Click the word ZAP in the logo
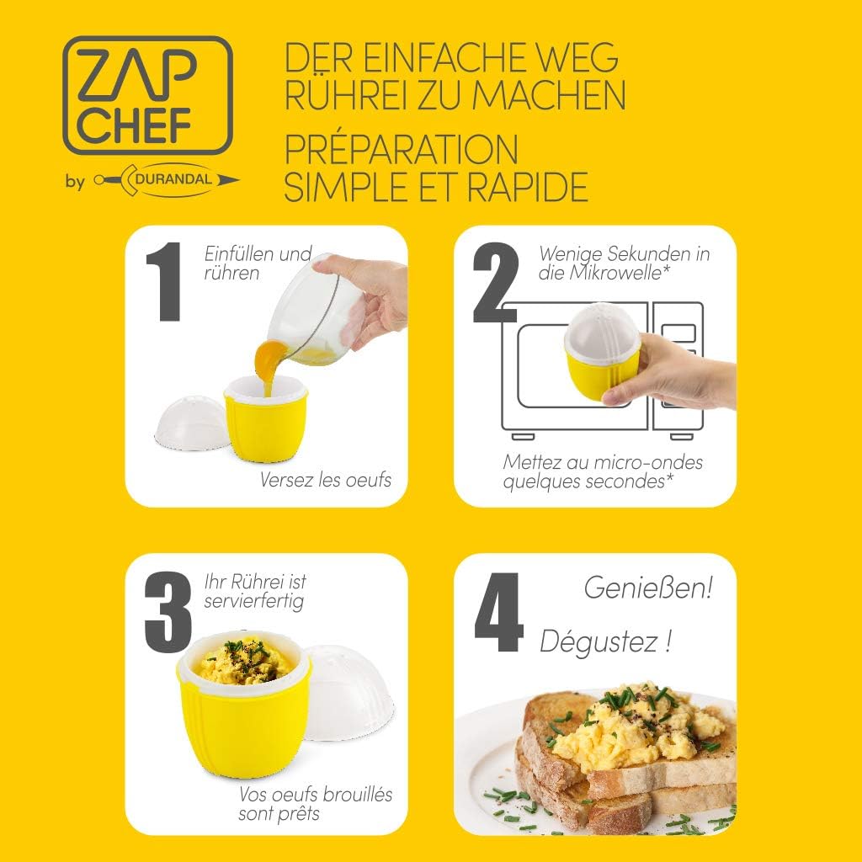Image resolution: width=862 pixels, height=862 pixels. tap(137, 75)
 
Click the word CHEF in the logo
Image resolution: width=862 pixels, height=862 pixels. tap(134, 126)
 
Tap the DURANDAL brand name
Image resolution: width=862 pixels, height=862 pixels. tap(173, 179)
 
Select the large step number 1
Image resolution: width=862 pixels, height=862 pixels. tap(163, 281)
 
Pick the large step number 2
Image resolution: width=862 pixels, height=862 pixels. tap(495, 281)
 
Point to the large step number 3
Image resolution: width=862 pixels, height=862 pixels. tap(168, 611)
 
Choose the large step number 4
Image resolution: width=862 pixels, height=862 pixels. tap(498, 612)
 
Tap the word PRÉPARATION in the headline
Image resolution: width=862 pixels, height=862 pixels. tap(401, 149)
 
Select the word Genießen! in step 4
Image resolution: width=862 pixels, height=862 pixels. tap(648, 588)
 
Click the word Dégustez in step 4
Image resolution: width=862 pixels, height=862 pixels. tap(599, 641)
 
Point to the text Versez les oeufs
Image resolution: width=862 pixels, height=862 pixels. tap(326, 480)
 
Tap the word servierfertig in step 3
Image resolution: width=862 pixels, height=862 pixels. tap(253, 601)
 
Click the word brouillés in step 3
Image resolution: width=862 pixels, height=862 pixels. tap(357, 795)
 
